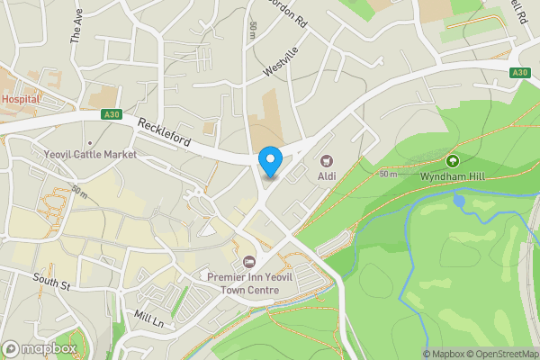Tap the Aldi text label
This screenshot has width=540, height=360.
point(326,175)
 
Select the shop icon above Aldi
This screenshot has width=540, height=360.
point(326,160)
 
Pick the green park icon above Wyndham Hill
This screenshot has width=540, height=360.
point(452,161)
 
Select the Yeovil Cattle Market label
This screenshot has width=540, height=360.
point(90,155)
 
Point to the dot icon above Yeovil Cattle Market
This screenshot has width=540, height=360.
point(90,142)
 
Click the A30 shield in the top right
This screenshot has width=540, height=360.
point(519,73)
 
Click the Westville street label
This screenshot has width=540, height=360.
point(280,61)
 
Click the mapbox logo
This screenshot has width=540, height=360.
point(38,348)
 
